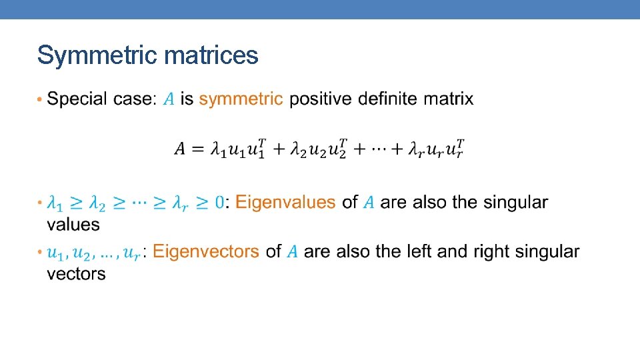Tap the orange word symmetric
tap(241, 99)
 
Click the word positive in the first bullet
tap(321, 99)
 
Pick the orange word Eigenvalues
tap(285, 202)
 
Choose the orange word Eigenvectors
tap(206, 251)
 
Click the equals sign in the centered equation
tap(198, 150)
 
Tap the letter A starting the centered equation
tap(181, 150)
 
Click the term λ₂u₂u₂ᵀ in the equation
tap(318, 150)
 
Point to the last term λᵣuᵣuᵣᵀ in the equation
tap(437, 150)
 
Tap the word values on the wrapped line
tap(73, 224)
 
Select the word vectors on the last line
tap(76, 273)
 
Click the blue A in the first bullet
tap(169, 100)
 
